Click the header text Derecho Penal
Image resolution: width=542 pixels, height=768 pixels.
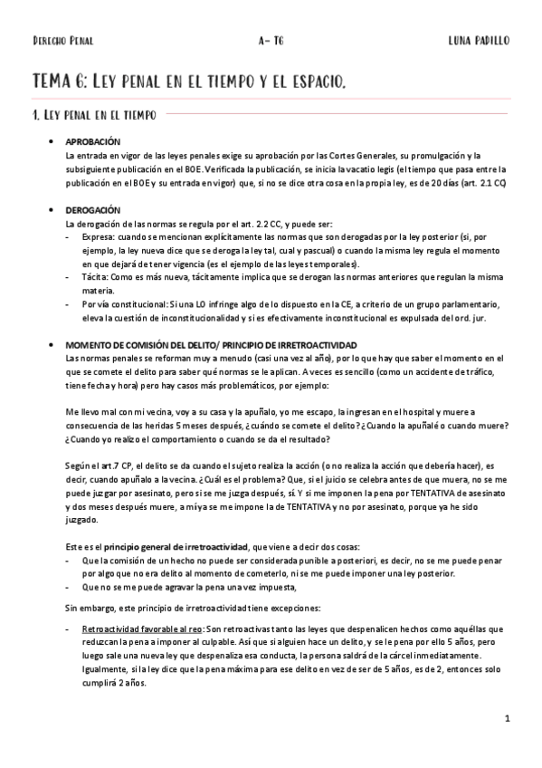(x=62, y=42)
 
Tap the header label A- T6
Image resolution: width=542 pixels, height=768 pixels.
(x=269, y=42)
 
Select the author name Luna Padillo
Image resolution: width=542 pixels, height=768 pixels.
(x=478, y=42)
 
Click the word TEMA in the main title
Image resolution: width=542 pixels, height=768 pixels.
(x=53, y=82)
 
